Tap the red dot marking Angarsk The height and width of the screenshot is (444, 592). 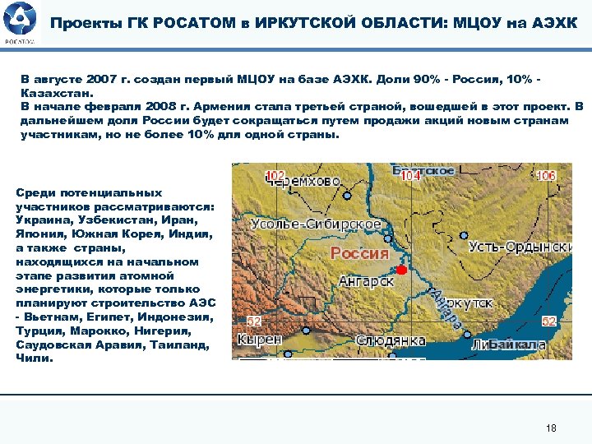pos(401,270)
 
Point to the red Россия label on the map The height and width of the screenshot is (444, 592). pos(359,252)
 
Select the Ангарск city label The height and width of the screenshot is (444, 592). pos(366,281)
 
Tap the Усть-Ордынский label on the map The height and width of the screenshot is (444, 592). pos(520,247)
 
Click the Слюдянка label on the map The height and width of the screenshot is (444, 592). pos(391,340)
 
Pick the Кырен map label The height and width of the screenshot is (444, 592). pos(260,339)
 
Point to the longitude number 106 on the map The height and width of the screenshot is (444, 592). pos(545,176)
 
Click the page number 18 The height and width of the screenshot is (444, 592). pos(551,428)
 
